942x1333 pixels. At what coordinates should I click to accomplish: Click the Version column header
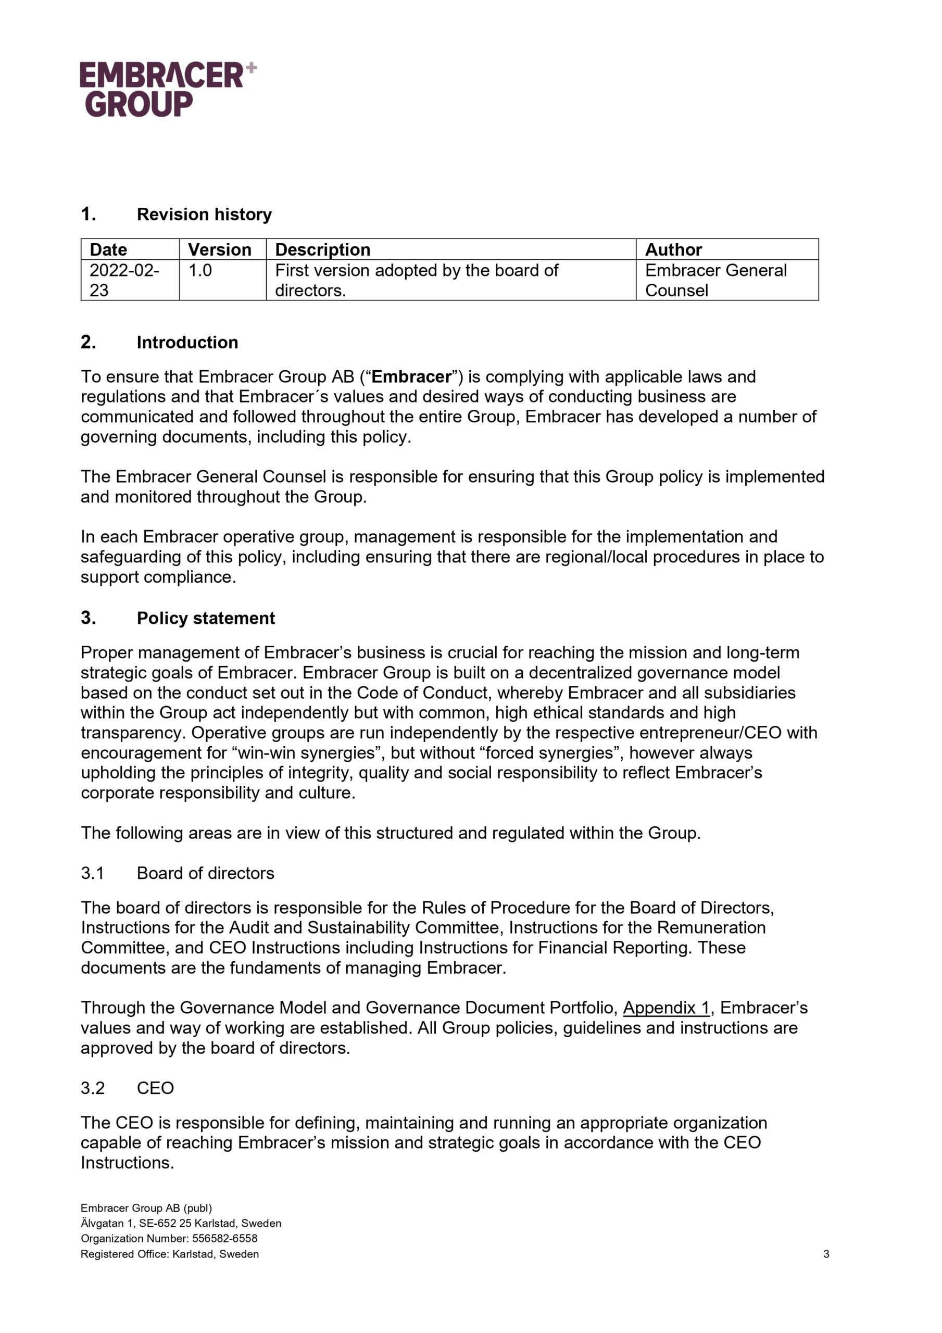[220, 249]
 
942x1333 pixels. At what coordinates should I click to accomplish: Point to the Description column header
[322, 249]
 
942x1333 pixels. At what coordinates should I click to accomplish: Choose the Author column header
[673, 249]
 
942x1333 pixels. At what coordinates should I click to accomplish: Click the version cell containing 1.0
[200, 271]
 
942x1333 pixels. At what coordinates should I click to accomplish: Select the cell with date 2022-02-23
[124, 280]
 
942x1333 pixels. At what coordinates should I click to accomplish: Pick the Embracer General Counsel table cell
[715, 280]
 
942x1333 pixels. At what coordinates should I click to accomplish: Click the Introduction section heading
[187, 342]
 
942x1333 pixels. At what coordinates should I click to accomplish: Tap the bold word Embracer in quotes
[411, 377]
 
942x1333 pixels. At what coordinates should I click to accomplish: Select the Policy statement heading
[206, 618]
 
